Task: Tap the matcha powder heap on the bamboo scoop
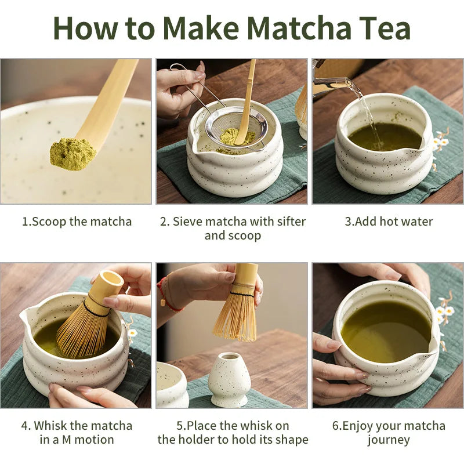click(x=72, y=153)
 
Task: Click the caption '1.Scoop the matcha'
click(x=77, y=222)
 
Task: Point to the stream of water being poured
click(x=365, y=110)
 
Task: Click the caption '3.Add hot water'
click(x=389, y=222)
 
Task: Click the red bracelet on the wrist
click(x=165, y=296)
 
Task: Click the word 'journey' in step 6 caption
click(x=389, y=440)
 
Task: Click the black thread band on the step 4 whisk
click(x=96, y=307)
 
